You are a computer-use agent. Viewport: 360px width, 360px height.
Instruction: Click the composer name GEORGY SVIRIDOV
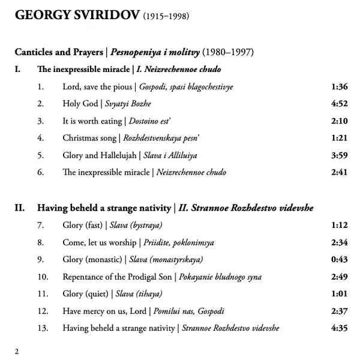coord(76,16)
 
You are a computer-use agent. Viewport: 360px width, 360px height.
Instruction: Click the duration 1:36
coord(339,87)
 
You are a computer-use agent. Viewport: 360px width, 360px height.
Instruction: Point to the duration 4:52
coord(339,104)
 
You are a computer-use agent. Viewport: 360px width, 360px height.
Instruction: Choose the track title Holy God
coord(82,104)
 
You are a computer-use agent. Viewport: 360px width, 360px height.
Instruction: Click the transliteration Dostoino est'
coord(154,121)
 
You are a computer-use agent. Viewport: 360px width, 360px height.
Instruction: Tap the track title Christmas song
coord(90,138)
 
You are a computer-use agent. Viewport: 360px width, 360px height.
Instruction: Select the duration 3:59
coord(339,155)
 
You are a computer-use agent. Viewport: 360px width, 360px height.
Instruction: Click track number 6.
coord(40,172)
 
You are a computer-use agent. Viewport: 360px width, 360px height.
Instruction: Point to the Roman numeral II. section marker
coord(20,208)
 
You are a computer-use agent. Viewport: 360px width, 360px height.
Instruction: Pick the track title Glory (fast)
coord(82,226)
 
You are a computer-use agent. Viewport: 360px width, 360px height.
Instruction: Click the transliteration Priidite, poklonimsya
coord(179,242)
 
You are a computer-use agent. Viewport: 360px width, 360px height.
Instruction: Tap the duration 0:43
coord(339,260)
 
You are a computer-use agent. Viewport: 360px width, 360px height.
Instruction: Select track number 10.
coord(42,277)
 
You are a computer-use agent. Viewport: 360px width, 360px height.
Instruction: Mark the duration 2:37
coord(339,311)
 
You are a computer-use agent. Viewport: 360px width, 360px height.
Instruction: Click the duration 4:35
coord(339,328)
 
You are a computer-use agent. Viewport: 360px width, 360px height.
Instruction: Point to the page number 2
coord(17,351)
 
